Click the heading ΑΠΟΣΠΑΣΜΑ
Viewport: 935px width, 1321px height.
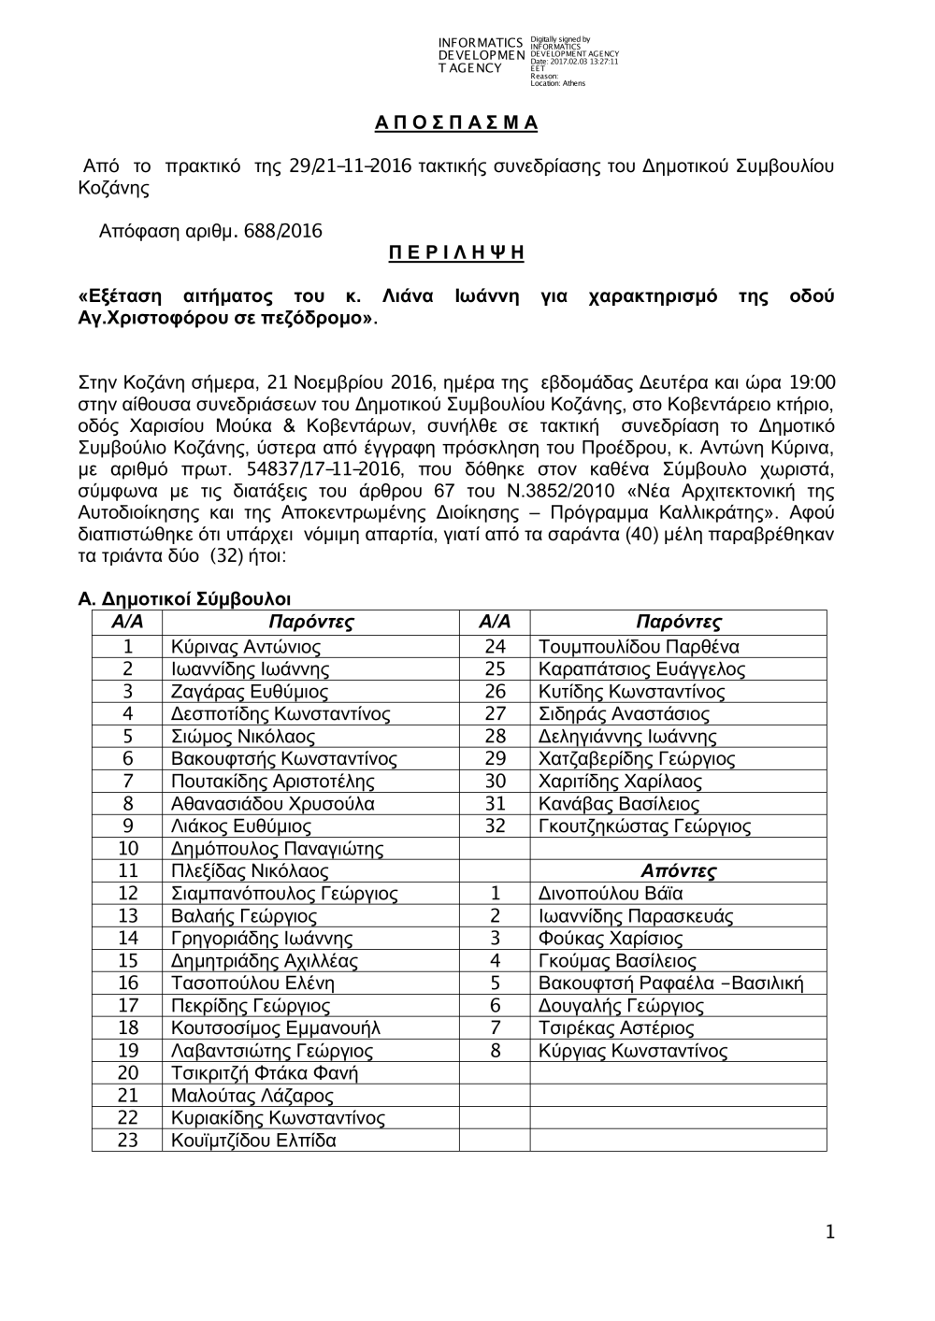coord(455,122)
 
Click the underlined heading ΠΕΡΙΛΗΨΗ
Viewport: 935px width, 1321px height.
coord(455,253)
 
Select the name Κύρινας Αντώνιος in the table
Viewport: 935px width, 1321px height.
coord(246,647)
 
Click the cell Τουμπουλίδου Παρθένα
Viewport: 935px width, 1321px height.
coord(639,647)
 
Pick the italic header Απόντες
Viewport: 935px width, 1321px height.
coord(678,871)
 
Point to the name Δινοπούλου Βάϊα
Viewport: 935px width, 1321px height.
coord(611,894)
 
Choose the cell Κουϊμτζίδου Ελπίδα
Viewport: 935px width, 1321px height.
coord(253,1141)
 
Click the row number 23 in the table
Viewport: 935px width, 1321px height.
coord(128,1141)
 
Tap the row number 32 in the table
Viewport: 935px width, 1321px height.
coord(496,826)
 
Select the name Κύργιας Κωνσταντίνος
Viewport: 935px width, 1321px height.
coord(633,1051)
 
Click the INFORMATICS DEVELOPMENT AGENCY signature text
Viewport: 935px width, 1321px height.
coord(480,56)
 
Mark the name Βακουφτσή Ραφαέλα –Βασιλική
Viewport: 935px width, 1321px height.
coord(670,984)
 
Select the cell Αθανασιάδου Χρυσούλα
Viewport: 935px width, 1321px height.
coord(273,804)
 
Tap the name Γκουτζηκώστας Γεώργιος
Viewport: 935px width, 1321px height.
coord(645,826)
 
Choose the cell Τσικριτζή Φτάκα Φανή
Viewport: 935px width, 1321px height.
coord(265,1073)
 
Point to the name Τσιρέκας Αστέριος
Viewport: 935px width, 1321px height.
coord(616,1028)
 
